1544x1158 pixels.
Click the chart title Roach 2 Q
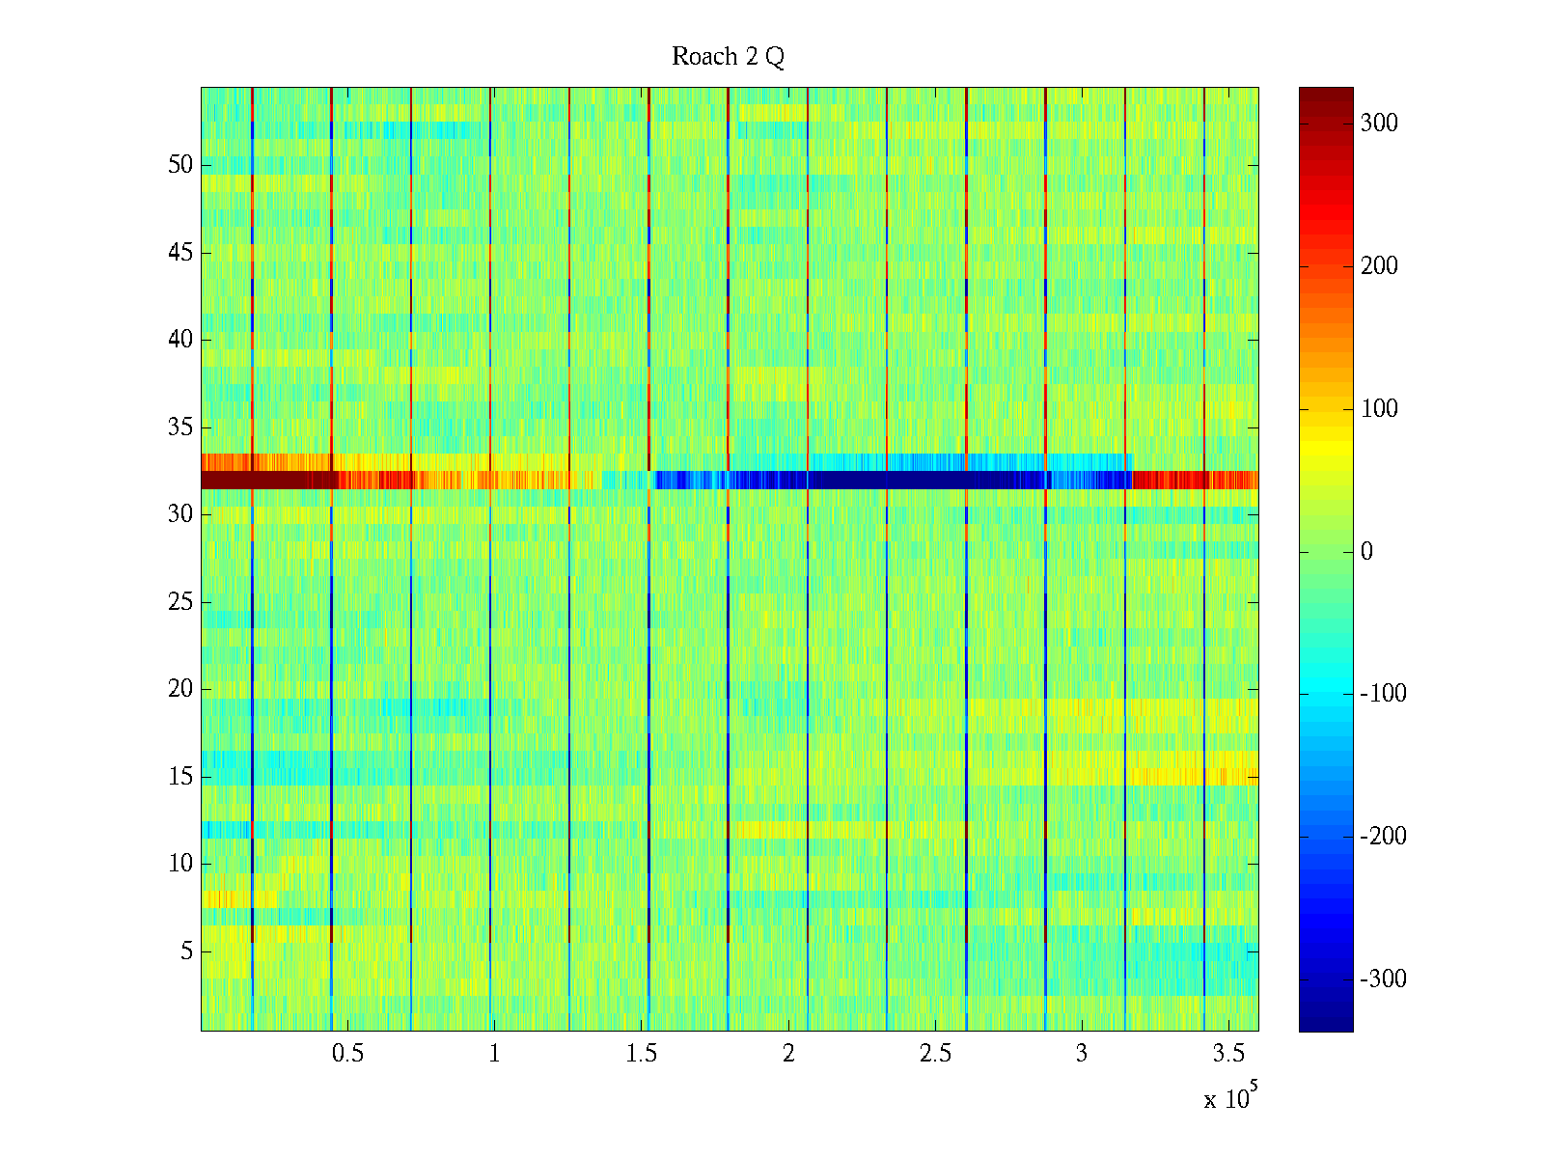point(728,57)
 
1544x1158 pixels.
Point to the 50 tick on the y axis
point(180,165)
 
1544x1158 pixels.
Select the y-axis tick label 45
point(180,253)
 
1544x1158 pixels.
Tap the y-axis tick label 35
point(180,427)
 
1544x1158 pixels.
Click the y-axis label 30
point(180,514)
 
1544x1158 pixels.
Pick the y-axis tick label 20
point(180,689)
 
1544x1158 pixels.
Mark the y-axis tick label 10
point(180,864)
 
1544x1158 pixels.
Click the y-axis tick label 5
point(186,951)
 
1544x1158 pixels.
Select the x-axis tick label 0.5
point(347,1054)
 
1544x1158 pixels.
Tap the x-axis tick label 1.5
point(641,1054)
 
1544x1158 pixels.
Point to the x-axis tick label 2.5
point(935,1054)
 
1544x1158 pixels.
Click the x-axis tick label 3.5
point(1228,1054)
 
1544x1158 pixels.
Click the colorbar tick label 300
point(1379,124)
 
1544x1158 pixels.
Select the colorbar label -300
point(1383,979)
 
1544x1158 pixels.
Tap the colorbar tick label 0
point(1366,552)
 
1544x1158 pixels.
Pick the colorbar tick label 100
point(1379,409)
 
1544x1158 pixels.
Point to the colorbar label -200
point(1383,837)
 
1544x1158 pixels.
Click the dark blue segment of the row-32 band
point(917,480)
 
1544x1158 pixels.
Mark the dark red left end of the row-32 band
point(251,480)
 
